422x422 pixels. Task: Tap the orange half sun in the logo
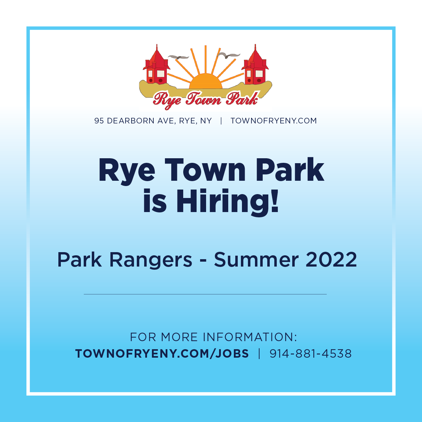(x=206, y=81)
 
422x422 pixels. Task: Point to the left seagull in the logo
(x=179, y=57)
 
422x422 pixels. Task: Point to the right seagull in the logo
(x=229, y=56)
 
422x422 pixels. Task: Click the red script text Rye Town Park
(x=205, y=100)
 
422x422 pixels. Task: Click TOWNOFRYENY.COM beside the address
(x=274, y=121)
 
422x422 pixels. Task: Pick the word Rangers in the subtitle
(x=151, y=260)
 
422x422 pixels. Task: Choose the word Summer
(x=256, y=260)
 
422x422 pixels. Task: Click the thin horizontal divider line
(x=205, y=294)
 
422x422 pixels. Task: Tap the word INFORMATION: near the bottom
(x=250, y=337)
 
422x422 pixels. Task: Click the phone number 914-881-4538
(x=311, y=353)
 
